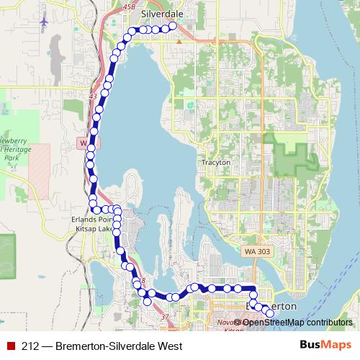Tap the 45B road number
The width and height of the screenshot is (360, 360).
129,6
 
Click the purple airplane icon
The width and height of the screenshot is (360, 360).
45,21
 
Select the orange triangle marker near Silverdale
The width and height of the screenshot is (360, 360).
177,40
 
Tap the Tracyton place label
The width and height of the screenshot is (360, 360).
216,163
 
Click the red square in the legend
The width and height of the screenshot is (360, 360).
12,346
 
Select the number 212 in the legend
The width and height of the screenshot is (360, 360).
30,346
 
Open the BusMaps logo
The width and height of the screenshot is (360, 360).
325,346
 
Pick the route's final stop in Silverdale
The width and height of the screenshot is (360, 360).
173,27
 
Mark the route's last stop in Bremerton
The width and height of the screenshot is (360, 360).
270,313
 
